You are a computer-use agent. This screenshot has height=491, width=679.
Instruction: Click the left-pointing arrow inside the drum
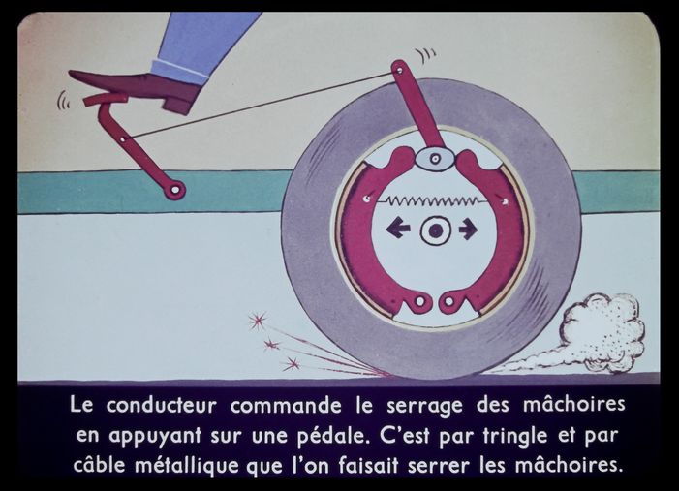398,229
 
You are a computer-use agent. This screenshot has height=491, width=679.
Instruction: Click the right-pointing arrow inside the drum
468,230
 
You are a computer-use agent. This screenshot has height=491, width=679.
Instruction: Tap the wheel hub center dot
436,231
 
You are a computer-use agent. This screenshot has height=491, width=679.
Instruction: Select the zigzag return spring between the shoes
433,200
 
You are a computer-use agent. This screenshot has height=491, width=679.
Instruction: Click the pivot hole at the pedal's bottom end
175,190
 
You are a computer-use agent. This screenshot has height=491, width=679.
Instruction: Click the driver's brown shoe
139,90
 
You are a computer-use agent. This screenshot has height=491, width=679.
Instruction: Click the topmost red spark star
258,321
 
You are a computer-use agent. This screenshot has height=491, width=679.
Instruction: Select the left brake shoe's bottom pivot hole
419,301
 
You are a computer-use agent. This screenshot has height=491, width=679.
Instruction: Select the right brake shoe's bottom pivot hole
449,301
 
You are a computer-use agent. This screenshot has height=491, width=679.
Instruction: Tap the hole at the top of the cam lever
400,70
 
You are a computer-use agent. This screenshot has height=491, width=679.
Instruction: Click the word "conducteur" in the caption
161,406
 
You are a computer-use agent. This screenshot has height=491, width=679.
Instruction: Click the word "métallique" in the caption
187,466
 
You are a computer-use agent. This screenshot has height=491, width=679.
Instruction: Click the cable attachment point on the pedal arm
124,139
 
